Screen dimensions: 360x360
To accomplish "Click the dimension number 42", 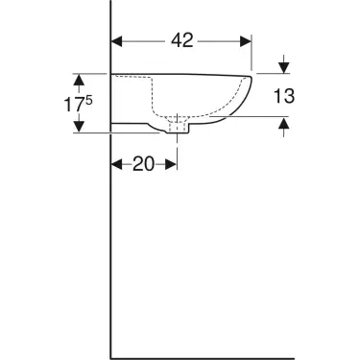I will (x=182, y=40).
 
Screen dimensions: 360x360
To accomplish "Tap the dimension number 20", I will (x=144, y=164).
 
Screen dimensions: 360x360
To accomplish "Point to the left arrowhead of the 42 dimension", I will (x=118, y=41).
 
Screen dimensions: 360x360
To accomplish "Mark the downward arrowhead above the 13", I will (x=284, y=68).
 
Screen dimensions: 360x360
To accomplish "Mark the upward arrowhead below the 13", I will (x=284, y=122).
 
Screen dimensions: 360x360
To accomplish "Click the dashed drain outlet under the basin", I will (x=178, y=125).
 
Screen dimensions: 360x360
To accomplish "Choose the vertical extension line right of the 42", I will (x=252, y=53).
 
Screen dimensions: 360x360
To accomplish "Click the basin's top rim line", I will (x=182, y=74).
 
